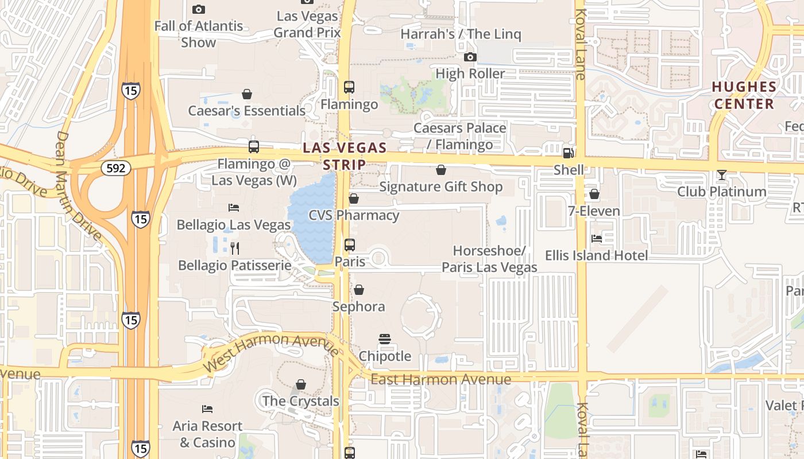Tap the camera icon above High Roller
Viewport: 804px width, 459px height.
tap(470, 57)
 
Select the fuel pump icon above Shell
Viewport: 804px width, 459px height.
tap(568, 153)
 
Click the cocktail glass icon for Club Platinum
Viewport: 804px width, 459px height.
tap(722, 175)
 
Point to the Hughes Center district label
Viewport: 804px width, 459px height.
tap(744, 95)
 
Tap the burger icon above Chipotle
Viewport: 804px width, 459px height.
tap(385, 339)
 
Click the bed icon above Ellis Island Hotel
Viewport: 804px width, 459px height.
tap(597, 238)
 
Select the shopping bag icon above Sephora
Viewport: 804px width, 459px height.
tap(359, 290)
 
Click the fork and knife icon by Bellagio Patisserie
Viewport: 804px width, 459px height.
tap(234, 248)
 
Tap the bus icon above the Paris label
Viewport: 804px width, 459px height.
tap(350, 245)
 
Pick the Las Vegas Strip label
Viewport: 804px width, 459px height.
tap(345, 156)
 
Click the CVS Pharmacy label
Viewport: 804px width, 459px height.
tap(354, 215)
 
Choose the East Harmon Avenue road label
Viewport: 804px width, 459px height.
tap(440, 379)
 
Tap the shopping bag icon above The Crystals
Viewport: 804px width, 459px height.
tap(301, 384)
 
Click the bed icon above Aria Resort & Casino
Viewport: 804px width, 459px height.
tap(207, 409)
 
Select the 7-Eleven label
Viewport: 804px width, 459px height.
tap(594, 211)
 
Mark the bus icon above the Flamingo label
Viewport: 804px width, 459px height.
tap(349, 87)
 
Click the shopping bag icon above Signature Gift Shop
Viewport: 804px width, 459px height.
tap(441, 170)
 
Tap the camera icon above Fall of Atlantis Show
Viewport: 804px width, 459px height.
tap(199, 9)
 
